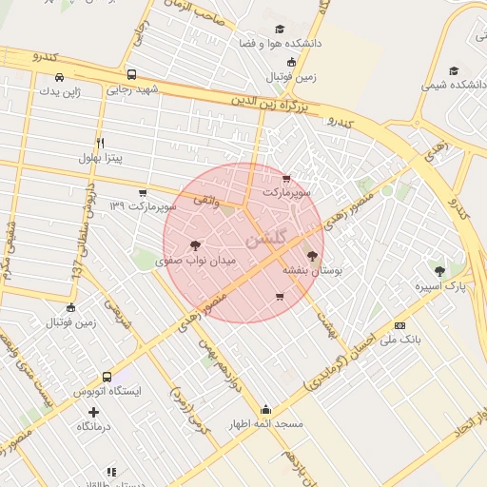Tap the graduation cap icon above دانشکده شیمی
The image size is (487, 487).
(454, 70)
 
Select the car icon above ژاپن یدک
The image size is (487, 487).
(59, 77)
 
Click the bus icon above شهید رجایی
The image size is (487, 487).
(131, 74)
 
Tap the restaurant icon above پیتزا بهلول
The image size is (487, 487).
(100, 142)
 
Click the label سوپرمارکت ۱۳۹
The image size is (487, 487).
(143, 205)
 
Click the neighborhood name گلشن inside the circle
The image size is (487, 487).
(263, 240)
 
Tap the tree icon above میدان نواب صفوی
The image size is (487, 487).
(196, 244)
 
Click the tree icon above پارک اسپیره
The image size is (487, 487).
(438, 271)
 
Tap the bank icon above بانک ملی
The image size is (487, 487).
(399, 325)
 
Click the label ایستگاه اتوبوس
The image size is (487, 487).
(107, 391)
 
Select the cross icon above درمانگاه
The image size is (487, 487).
(93, 412)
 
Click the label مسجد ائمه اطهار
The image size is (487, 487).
(265, 423)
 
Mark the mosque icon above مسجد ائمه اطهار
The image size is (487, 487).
(265, 409)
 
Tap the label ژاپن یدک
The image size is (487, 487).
(60, 91)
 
